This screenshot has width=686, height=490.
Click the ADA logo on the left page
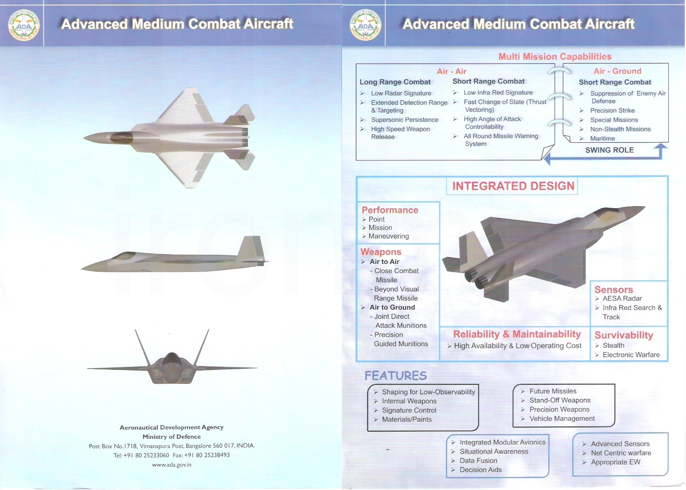(23, 25)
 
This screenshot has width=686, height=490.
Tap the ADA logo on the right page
(365, 25)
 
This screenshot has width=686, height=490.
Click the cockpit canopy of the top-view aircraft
(121, 138)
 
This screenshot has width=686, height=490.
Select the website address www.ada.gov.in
(172, 464)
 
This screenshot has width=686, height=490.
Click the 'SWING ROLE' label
(610, 150)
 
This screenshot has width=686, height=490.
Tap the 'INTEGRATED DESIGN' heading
(513, 186)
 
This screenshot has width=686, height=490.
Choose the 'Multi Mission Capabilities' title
(555, 56)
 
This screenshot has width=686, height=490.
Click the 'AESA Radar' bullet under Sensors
(622, 299)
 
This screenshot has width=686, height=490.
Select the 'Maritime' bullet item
(603, 139)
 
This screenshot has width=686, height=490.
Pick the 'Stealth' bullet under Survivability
(613, 346)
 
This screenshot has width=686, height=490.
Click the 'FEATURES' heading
(396, 376)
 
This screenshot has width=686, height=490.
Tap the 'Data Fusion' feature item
(478, 461)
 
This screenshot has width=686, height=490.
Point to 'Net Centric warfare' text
(621, 453)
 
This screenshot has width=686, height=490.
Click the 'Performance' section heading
(390, 210)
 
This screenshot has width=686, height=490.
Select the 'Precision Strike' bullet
(613, 110)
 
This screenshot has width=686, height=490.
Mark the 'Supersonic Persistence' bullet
(404, 120)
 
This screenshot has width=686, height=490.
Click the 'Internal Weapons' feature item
(409, 401)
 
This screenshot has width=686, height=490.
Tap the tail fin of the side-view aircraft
(251, 248)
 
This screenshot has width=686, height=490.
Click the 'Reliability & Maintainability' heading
(517, 334)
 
